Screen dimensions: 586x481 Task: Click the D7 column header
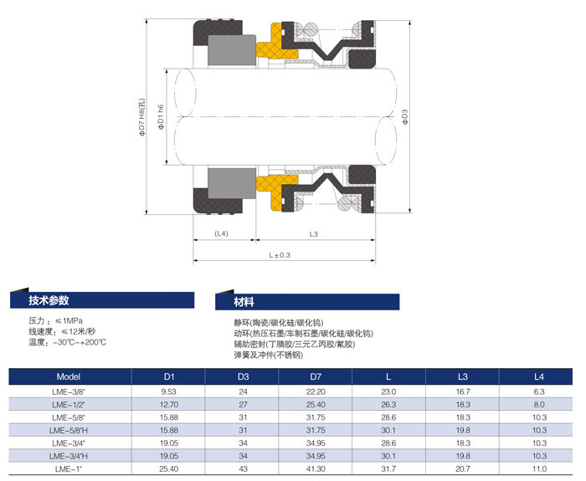(316, 376)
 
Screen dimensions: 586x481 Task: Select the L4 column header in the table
(538, 376)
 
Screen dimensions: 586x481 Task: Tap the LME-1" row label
(69, 468)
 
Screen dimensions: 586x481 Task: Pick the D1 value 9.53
(168, 391)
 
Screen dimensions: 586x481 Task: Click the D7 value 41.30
(316, 468)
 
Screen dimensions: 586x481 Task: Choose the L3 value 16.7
(463, 391)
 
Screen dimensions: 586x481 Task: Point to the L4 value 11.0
(539, 468)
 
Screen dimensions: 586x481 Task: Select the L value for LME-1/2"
(388, 404)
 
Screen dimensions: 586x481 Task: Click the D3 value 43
(243, 468)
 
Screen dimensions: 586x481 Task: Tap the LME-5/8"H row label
(69, 430)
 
